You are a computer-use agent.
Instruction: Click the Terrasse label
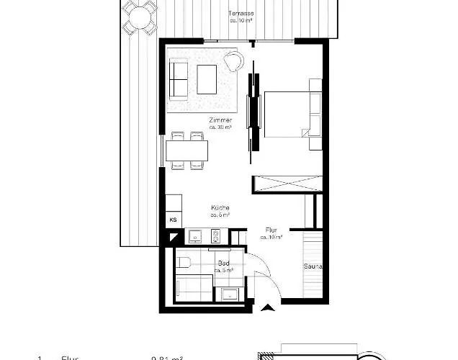[x=241, y=14]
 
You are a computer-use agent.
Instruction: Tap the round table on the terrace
[x=138, y=16]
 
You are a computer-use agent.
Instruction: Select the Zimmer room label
[x=220, y=120]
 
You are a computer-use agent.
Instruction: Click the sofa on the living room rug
[x=179, y=79]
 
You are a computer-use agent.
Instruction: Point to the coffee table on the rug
[x=207, y=78]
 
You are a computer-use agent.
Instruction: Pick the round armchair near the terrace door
[x=233, y=60]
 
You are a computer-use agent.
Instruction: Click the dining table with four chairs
[x=187, y=151]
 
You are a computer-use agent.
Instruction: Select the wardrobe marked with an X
[x=284, y=184]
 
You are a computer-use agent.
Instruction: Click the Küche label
[x=220, y=207]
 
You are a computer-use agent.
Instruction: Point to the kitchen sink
[x=195, y=235]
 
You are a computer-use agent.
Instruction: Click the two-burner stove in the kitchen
[x=215, y=235]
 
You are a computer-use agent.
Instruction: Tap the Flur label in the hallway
[x=271, y=230]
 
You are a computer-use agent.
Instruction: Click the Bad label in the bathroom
[x=225, y=264]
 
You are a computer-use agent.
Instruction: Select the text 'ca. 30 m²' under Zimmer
[x=220, y=127]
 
